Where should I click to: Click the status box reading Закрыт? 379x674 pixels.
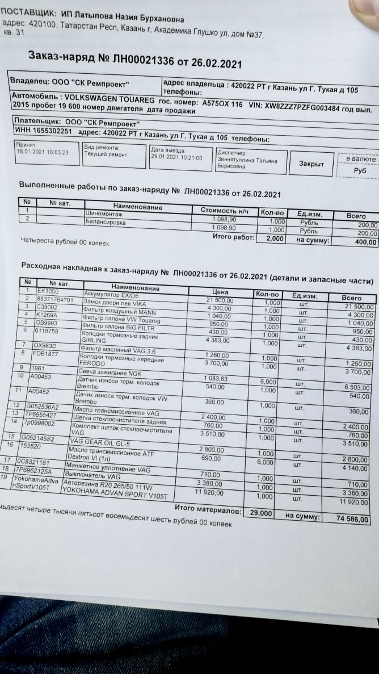tap(311, 164)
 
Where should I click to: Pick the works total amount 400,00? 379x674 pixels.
tap(365, 242)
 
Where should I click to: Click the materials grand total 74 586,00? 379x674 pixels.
tap(352, 520)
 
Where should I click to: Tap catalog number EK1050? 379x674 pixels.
tap(47, 291)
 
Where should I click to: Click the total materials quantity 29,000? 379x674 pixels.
tap(261, 513)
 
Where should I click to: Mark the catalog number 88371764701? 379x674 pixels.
tap(55, 299)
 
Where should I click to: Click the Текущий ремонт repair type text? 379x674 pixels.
tap(106, 154)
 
